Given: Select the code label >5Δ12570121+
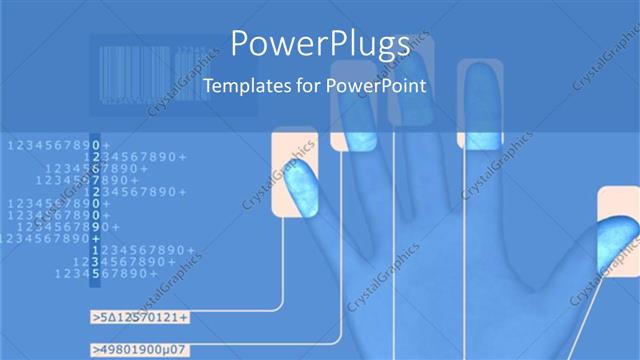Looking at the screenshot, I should [x=141, y=318].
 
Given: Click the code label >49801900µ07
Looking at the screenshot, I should [x=141, y=350].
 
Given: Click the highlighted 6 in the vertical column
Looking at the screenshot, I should [x=94, y=168].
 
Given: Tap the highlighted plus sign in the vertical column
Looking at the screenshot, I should [x=94, y=238].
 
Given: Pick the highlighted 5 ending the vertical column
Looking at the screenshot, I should [x=94, y=273].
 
